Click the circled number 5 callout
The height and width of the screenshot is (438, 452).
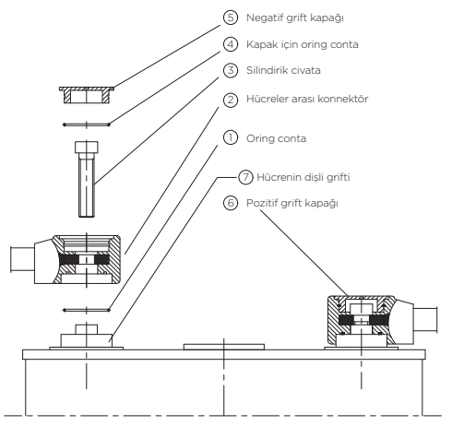click(x=231, y=18)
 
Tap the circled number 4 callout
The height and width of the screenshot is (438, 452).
click(x=231, y=44)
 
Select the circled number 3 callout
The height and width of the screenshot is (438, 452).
click(x=231, y=70)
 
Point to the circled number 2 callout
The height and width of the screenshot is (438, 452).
click(x=231, y=100)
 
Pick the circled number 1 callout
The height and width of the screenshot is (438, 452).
click(x=231, y=137)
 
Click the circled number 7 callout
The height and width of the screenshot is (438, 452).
click(x=245, y=177)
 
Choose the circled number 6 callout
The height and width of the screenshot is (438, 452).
click(x=231, y=203)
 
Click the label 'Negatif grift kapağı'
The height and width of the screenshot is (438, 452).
click(x=295, y=18)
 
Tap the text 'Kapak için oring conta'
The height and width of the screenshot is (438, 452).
click(x=303, y=45)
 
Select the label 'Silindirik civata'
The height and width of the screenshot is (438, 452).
click(x=283, y=70)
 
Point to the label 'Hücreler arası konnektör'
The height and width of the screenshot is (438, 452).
click(x=307, y=99)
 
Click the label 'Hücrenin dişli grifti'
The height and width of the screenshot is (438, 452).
click(x=303, y=178)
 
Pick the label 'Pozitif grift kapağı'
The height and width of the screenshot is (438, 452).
click(x=292, y=204)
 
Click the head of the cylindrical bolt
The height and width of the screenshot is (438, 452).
click(x=87, y=148)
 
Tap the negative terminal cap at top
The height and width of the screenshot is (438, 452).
click(x=87, y=95)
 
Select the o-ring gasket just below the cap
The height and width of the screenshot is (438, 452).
click(x=87, y=124)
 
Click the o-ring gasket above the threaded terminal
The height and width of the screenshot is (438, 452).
click(x=87, y=310)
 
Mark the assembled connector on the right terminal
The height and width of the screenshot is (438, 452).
click(x=382, y=320)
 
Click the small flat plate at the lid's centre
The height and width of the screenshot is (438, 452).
click(x=224, y=347)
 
